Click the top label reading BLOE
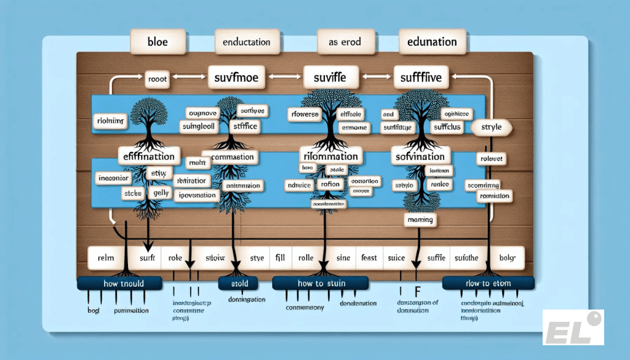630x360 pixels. point(150,42)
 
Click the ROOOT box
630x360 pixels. point(158,78)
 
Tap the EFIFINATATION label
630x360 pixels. point(149,156)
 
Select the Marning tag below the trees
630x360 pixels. point(421,219)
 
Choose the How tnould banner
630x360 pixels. point(120,284)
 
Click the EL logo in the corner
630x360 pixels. point(573,327)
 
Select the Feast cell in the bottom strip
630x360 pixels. point(369,258)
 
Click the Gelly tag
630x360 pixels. point(161,193)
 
